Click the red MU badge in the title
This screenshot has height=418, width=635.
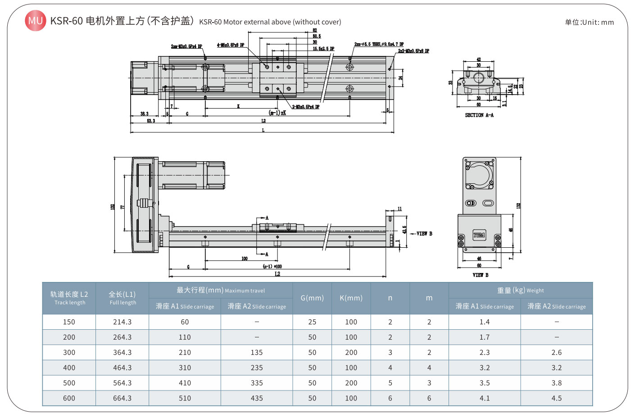(35, 21)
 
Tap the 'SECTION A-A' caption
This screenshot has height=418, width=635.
(479, 115)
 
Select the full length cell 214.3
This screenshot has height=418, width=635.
(122, 322)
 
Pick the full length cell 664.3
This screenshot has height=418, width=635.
(122, 398)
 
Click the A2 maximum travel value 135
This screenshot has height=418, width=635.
(257, 353)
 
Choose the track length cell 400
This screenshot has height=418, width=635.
(69, 368)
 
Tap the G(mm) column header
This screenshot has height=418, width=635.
(312, 298)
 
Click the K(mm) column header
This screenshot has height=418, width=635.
(351, 298)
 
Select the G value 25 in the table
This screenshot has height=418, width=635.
(312, 322)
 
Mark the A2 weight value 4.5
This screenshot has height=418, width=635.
(557, 398)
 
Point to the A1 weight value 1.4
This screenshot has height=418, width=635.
(485, 322)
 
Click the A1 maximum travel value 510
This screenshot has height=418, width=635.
(185, 398)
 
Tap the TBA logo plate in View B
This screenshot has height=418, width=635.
(479, 235)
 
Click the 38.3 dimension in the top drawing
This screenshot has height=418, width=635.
(144, 114)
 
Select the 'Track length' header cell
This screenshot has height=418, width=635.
(69, 298)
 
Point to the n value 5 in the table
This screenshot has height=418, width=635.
(390, 383)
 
